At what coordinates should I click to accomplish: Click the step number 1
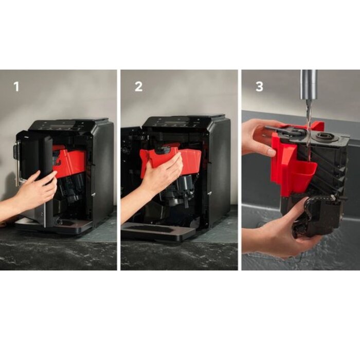tap(16, 87)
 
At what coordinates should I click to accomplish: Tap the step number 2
tap(138, 87)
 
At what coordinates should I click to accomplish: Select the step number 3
tap(259, 87)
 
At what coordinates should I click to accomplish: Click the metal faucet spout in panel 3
tap(309, 84)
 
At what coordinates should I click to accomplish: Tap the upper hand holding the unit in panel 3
tap(259, 138)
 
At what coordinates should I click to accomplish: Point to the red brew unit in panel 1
tap(69, 160)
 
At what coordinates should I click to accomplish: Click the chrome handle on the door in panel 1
tap(16, 163)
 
